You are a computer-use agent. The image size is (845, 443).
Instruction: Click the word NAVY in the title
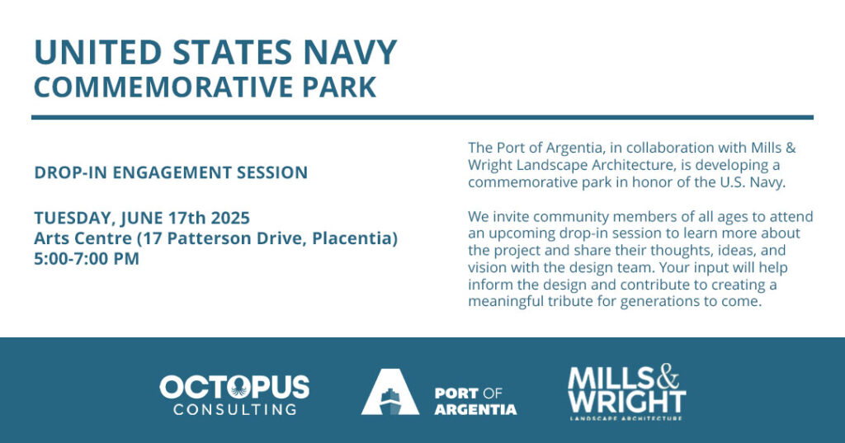point(350,52)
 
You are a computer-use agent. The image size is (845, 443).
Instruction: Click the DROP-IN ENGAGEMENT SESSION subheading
point(171,172)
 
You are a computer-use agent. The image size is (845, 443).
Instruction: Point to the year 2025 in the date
point(230,218)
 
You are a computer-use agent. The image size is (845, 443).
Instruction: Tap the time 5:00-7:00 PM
point(87,259)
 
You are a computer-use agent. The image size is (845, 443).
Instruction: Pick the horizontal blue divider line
point(422,117)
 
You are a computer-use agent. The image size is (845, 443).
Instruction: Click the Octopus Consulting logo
point(234,395)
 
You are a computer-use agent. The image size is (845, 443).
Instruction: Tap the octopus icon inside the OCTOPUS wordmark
point(239,387)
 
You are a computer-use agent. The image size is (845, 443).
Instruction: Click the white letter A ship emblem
point(390,392)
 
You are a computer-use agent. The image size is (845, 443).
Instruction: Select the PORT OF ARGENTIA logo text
point(475,402)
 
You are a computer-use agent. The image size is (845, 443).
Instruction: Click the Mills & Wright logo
point(627,392)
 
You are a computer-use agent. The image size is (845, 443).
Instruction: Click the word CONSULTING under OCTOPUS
point(234,409)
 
